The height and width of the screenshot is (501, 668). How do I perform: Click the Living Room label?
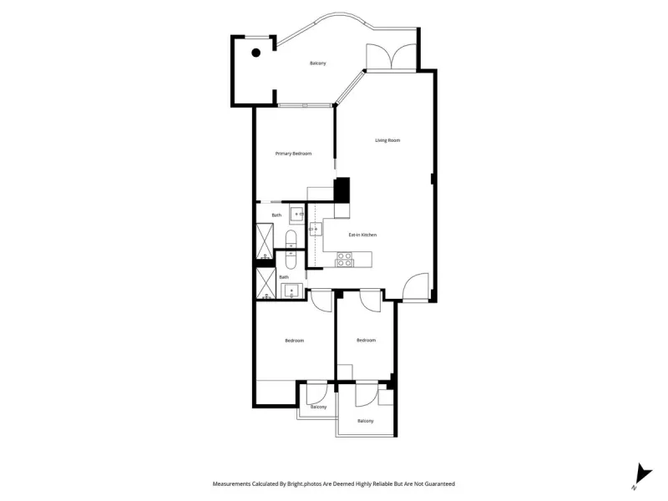[387, 140]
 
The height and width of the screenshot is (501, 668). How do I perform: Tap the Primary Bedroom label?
[293, 154]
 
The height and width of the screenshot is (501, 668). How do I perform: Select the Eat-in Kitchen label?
[362, 235]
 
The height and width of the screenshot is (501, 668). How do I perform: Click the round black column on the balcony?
[256, 53]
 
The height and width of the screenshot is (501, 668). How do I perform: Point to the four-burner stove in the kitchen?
[345, 260]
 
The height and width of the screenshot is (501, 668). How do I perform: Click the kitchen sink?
[316, 229]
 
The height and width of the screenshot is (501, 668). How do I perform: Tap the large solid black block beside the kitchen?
[342, 190]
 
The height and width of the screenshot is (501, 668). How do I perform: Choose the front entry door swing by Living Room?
[415, 286]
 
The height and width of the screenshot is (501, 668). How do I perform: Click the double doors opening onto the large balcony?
[391, 57]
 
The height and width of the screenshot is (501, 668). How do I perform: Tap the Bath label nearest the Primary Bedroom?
[276, 215]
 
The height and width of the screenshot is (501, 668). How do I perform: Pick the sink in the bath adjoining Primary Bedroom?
[296, 214]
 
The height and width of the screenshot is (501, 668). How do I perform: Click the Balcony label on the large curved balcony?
[318, 63]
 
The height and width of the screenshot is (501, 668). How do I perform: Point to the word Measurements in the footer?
[232, 484]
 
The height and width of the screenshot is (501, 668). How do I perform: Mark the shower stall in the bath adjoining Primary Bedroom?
[265, 240]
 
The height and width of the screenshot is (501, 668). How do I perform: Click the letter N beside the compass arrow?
[634, 488]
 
